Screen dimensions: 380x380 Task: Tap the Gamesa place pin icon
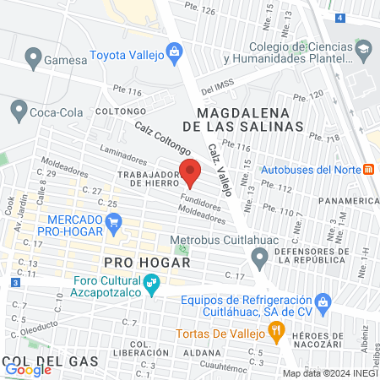click(x=34, y=59)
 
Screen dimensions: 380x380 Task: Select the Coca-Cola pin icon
click(x=19, y=109)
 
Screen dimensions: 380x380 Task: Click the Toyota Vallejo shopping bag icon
click(x=174, y=53)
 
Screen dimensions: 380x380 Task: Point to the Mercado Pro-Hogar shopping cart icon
click(x=115, y=222)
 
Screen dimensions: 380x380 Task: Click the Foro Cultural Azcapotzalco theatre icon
click(x=151, y=285)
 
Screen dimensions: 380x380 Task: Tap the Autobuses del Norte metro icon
click(x=369, y=168)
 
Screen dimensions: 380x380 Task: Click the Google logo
click(x=28, y=369)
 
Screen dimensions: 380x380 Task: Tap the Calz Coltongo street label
click(x=162, y=137)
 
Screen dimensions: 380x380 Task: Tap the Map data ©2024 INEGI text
click(x=329, y=373)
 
